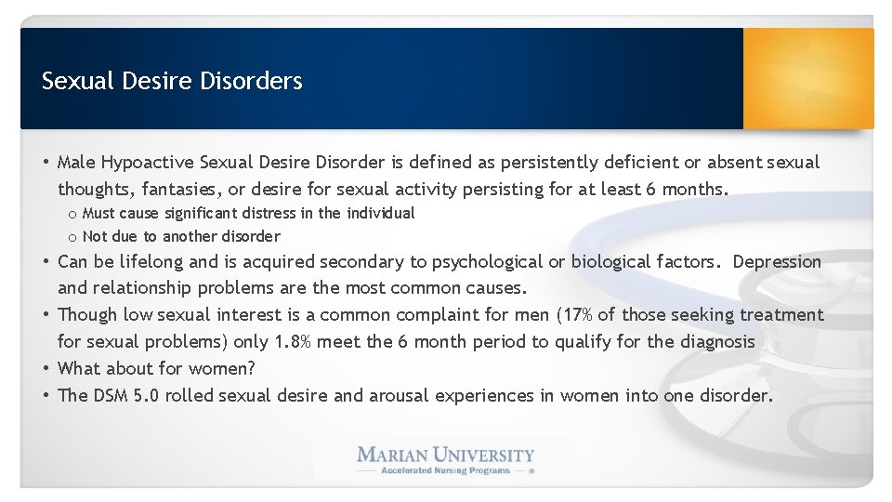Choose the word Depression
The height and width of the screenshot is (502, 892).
[x=777, y=262]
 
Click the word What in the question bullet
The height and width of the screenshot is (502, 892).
[x=78, y=368]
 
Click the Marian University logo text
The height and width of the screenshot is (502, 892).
[x=446, y=455]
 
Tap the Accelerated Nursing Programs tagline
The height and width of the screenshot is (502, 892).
[x=446, y=470]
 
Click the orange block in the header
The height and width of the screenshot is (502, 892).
[x=808, y=78]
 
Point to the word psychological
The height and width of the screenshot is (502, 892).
[x=436, y=262]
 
